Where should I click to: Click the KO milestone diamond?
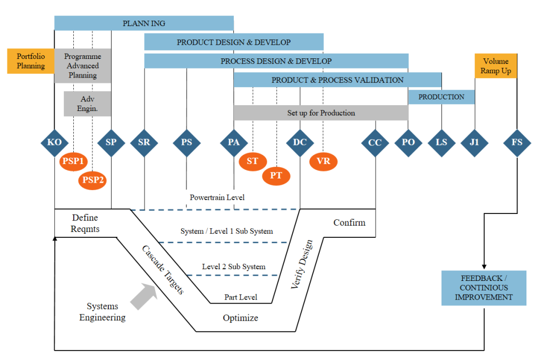[x=55, y=142]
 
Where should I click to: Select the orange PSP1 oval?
[x=74, y=161]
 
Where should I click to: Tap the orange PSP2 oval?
[x=93, y=180]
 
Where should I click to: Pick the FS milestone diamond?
[x=517, y=142]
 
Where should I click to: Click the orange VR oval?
[x=323, y=161]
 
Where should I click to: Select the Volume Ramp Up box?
[x=496, y=66]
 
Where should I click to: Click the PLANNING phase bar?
[x=144, y=23]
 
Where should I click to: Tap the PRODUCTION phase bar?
[x=441, y=97]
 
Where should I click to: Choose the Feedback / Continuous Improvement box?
[x=483, y=288]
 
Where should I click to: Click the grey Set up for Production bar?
[x=321, y=113]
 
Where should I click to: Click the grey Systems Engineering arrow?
[x=143, y=296]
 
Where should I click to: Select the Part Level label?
[x=241, y=297]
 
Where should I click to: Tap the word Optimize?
[x=240, y=318]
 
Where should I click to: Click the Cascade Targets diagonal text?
[x=163, y=270]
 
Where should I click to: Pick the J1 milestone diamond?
[x=474, y=142]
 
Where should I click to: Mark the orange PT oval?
[x=276, y=176]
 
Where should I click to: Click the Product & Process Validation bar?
[x=337, y=80]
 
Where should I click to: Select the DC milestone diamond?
[x=300, y=142]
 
